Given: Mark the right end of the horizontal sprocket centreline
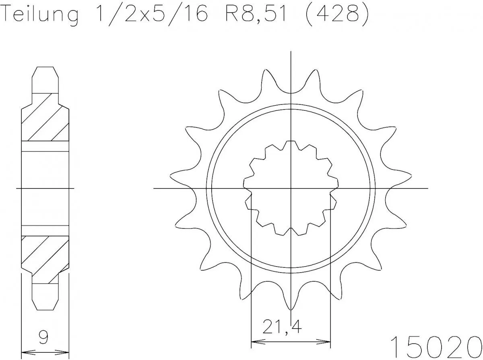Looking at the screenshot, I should [427, 188].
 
